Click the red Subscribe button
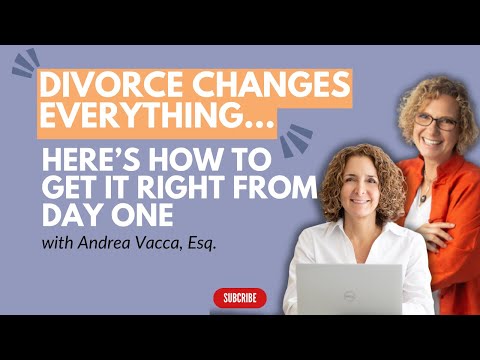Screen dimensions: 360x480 pyautogui.click(x=240, y=298)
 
